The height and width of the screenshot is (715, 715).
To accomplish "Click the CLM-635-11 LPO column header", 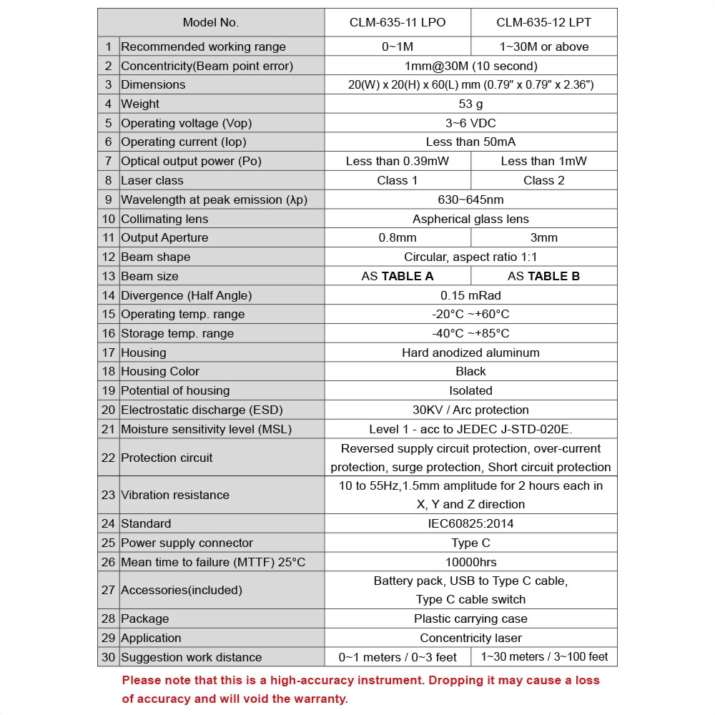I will click(398, 22).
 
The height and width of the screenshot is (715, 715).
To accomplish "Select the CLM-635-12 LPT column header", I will click(543, 22).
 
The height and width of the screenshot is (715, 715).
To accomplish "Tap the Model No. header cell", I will click(211, 22).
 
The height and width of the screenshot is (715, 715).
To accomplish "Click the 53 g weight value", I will click(470, 104).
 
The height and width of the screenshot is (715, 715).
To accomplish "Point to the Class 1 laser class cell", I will click(398, 180).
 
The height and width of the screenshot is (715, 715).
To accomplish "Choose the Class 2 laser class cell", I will click(543, 180).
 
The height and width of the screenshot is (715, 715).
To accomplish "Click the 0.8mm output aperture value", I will click(398, 237).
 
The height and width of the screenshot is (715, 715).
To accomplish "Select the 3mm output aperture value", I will click(543, 237).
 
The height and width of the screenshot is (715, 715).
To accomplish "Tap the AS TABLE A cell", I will click(398, 276).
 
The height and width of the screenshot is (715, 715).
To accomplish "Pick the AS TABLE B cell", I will click(543, 276).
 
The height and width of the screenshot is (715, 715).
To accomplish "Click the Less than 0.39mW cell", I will click(398, 161).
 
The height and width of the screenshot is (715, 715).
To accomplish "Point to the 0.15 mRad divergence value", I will click(470, 295).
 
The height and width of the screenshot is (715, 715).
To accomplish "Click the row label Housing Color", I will click(160, 371).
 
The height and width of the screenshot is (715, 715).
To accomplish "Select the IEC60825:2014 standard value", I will click(470, 523).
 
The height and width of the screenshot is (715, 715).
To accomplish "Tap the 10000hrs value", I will click(470, 562).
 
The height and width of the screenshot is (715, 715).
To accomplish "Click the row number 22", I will click(108, 458).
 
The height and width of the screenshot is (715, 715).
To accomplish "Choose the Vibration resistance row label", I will click(175, 495).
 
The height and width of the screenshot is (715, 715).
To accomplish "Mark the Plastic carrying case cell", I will click(470, 618).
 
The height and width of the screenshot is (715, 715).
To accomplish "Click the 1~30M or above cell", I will click(543, 46).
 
